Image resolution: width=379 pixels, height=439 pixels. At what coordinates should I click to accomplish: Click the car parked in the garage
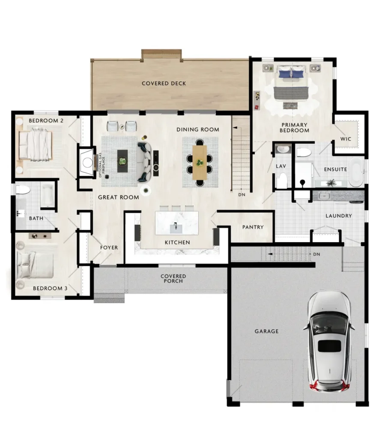(329, 342)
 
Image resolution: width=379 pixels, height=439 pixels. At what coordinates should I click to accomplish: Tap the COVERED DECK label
(164, 84)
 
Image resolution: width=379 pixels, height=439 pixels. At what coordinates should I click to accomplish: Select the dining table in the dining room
(200, 162)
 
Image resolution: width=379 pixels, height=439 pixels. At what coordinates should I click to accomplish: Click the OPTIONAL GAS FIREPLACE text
(102, 165)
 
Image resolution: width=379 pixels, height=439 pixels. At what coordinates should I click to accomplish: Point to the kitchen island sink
(176, 228)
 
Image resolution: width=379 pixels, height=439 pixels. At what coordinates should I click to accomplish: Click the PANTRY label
(253, 227)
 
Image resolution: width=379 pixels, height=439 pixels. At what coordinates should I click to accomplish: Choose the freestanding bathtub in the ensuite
(356, 172)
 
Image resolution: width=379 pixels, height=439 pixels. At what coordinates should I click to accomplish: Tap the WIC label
(346, 139)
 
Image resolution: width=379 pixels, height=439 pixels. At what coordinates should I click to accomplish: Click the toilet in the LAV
(283, 180)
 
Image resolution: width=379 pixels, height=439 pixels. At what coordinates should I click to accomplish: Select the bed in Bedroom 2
(36, 144)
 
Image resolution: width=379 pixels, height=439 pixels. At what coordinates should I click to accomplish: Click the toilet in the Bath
(23, 190)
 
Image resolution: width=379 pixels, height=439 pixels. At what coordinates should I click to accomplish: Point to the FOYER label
(109, 247)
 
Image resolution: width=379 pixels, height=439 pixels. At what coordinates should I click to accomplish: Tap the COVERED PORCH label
(173, 279)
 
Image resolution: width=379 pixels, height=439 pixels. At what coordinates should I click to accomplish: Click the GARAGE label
(266, 331)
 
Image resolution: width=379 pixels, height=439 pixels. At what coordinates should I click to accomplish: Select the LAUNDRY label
(338, 216)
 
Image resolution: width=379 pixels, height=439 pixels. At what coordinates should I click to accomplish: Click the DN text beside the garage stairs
(316, 254)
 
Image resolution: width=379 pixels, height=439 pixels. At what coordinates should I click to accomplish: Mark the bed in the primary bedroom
(291, 82)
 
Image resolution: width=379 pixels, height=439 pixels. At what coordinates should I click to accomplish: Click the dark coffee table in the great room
(122, 161)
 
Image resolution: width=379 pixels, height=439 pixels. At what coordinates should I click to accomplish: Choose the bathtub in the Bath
(48, 195)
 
